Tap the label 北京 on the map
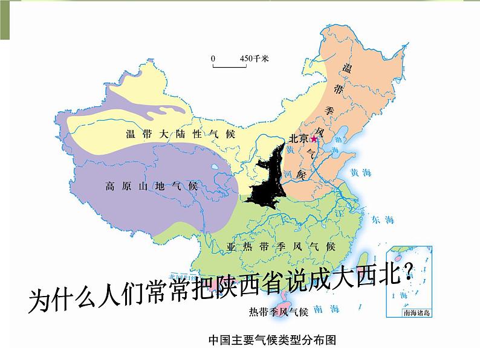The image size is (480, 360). pos(299,138)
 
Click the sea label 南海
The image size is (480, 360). pos(322,309)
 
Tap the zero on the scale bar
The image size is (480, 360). pos(213,58)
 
